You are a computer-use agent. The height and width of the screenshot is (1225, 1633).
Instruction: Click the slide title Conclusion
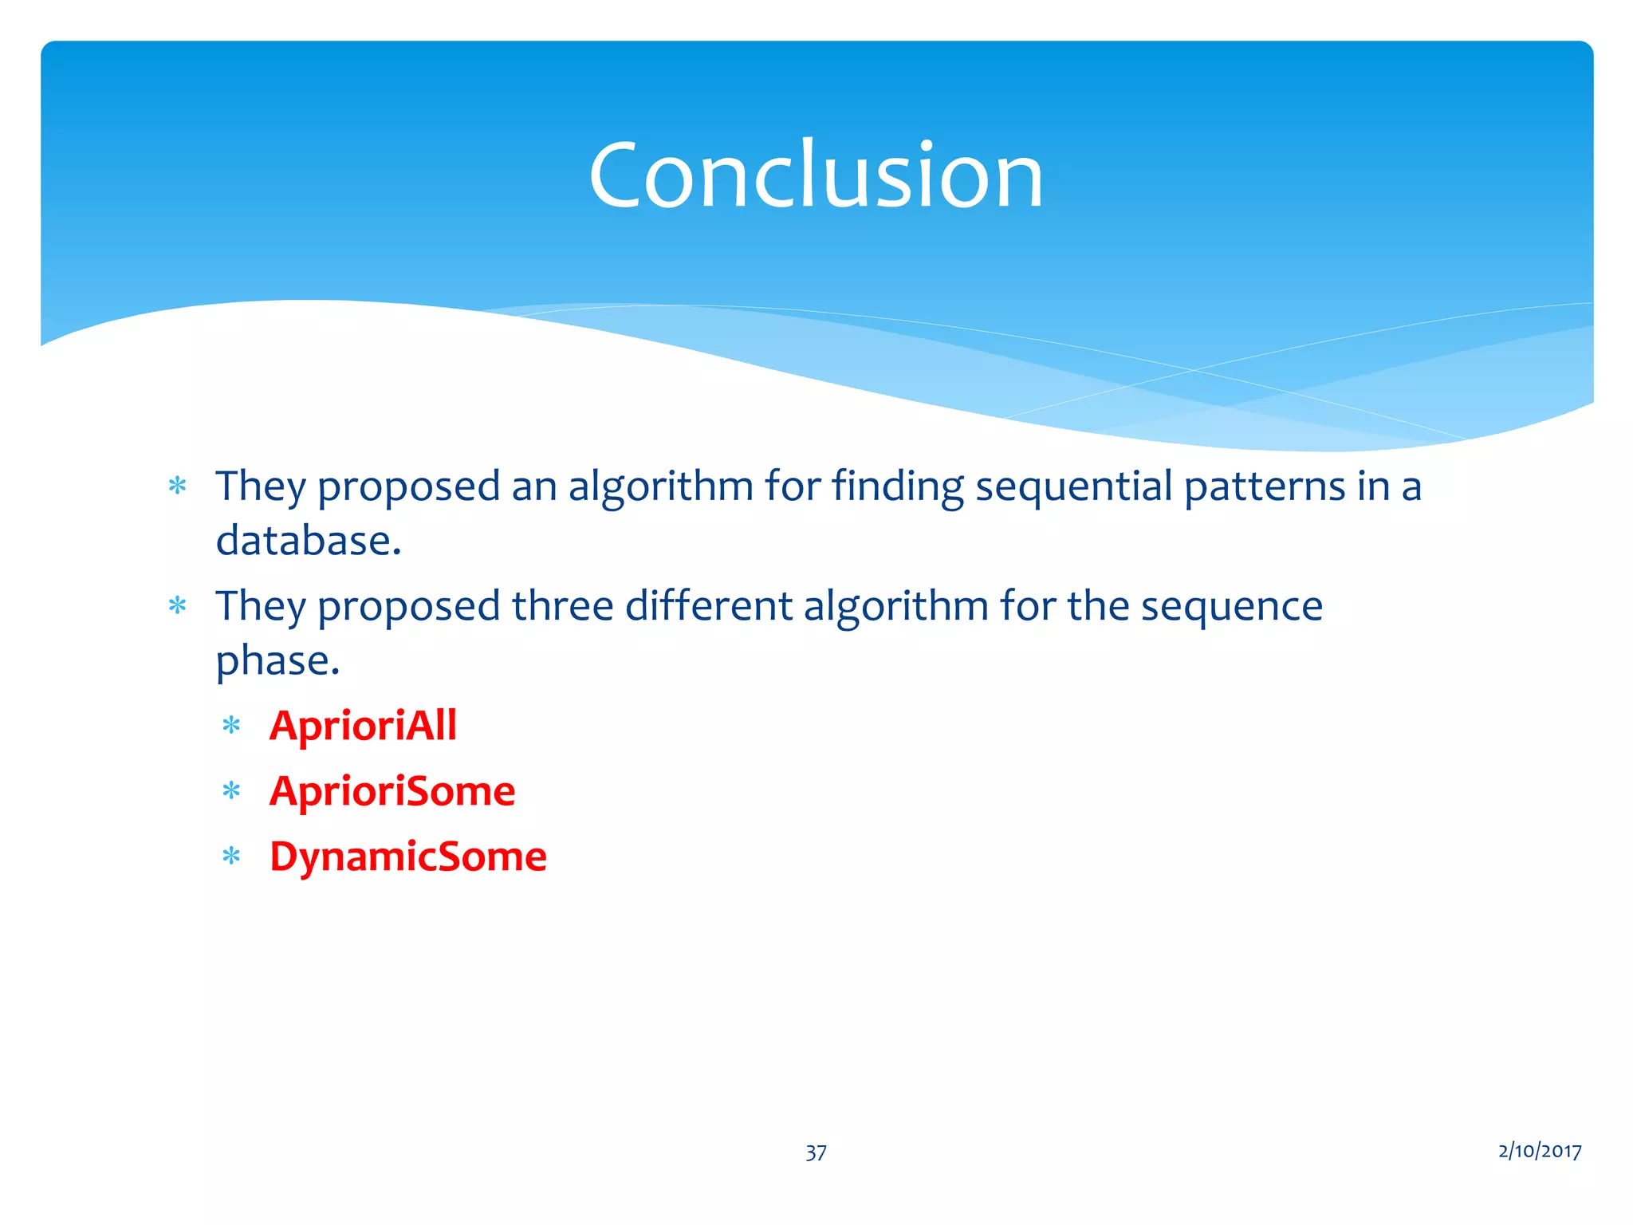[816, 175]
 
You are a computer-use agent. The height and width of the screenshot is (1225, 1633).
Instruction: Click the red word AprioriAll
[363, 726]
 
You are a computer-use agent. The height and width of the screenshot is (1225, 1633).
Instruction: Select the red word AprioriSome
[392, 791]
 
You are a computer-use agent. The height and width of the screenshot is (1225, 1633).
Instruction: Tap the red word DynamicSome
[408, 857]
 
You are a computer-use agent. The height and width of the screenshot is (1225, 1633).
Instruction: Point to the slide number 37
[816, 1152]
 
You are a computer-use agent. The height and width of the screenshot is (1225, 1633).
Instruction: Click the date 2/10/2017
[1539, 1151]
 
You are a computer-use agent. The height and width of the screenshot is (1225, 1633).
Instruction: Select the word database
[308, 541]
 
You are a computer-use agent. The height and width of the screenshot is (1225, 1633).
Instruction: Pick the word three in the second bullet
[562, 606]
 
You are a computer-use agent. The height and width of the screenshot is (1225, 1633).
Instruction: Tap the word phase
[277, 661]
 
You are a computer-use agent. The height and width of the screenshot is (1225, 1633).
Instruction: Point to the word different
[709, 606]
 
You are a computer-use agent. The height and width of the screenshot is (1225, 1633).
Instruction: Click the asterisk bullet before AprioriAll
[231, 727]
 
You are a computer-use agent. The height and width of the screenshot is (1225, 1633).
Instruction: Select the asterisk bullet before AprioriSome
[231, 792]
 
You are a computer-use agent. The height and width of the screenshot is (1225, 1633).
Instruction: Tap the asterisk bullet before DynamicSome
[231, 857]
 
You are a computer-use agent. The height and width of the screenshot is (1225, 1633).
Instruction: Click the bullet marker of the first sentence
[177, 486]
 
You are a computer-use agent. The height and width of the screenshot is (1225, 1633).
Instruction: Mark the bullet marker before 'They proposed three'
[177, 606]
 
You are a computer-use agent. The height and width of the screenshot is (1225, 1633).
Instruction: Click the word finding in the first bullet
[897, 486]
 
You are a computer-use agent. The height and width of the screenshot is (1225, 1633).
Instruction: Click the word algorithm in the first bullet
[660, 486]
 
